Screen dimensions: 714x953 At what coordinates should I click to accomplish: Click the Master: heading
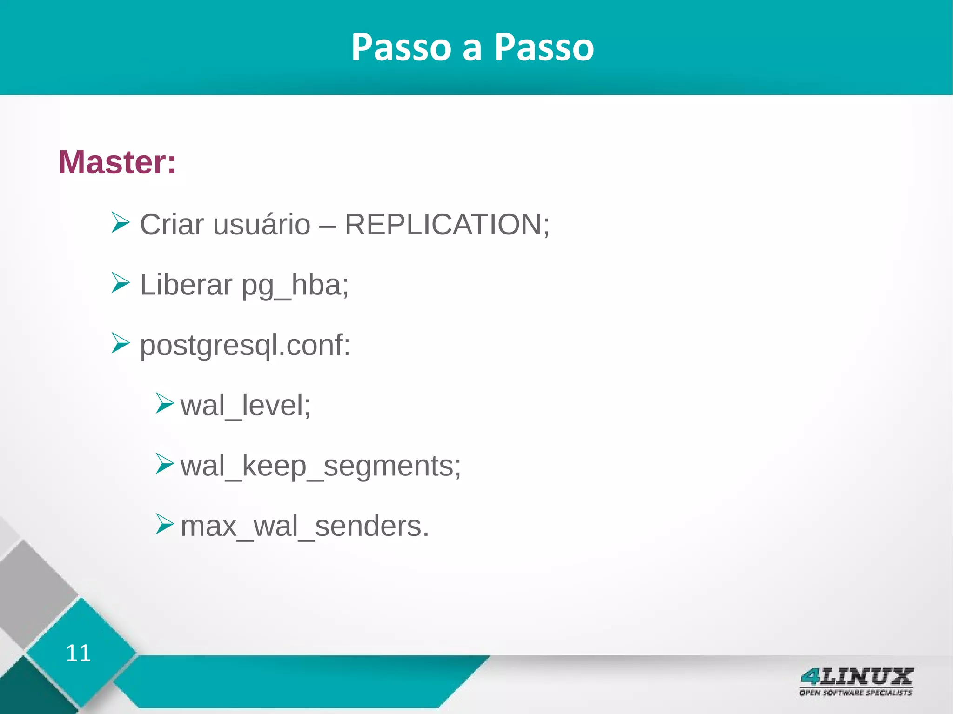[x=117, y=162]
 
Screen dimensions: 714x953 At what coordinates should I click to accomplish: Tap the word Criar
[x=172, y=225]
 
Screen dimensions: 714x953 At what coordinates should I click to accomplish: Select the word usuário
[x=262, y=225]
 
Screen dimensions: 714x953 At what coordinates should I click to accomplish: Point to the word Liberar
[x=186, y=285]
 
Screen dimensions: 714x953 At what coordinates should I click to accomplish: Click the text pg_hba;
[x=295, y=286]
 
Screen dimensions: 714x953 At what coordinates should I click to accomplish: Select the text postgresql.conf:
[x=245, y=346]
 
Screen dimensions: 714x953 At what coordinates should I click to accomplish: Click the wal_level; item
[x=245, y=406]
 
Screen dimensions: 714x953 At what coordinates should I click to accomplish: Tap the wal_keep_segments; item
[x=321, y=466]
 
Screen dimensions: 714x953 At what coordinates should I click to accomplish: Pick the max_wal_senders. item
[x=304, y=526]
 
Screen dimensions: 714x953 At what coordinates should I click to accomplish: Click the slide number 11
[x=78, y=653]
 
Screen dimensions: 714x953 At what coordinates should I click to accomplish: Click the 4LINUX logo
[x=856, y=676]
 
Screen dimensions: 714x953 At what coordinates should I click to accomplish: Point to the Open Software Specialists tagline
[x=855, y=693]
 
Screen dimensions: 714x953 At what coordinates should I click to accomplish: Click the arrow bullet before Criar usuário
[x=120, y=222]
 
